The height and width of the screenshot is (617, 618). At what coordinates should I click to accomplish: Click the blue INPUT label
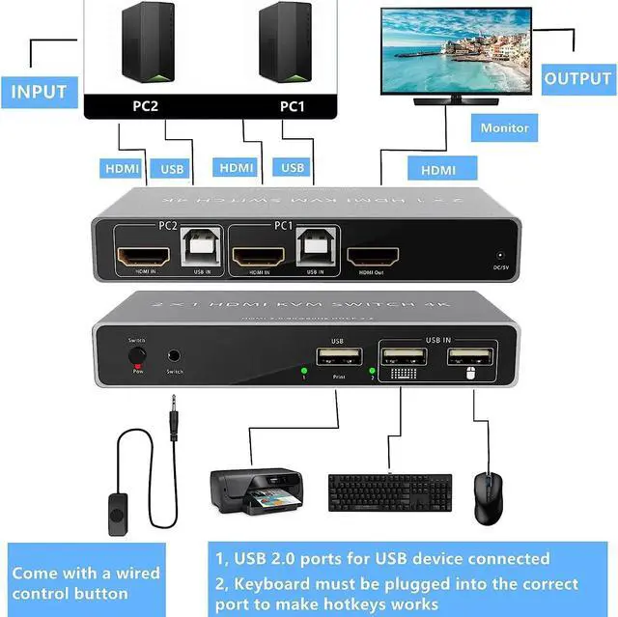(x=39, y=92)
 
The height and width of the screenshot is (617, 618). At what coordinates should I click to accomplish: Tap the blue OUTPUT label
(x=577, y=79)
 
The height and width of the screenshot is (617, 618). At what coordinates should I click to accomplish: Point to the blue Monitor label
(x=505, y=127)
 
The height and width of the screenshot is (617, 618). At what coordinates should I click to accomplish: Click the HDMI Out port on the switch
(x=373, y=258)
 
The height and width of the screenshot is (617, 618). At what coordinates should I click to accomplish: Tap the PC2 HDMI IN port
(x=144, y=257)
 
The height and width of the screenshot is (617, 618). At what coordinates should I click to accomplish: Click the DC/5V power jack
(x=500, y=255)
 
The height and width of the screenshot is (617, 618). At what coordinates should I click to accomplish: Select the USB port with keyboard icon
(x=400, y=359)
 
